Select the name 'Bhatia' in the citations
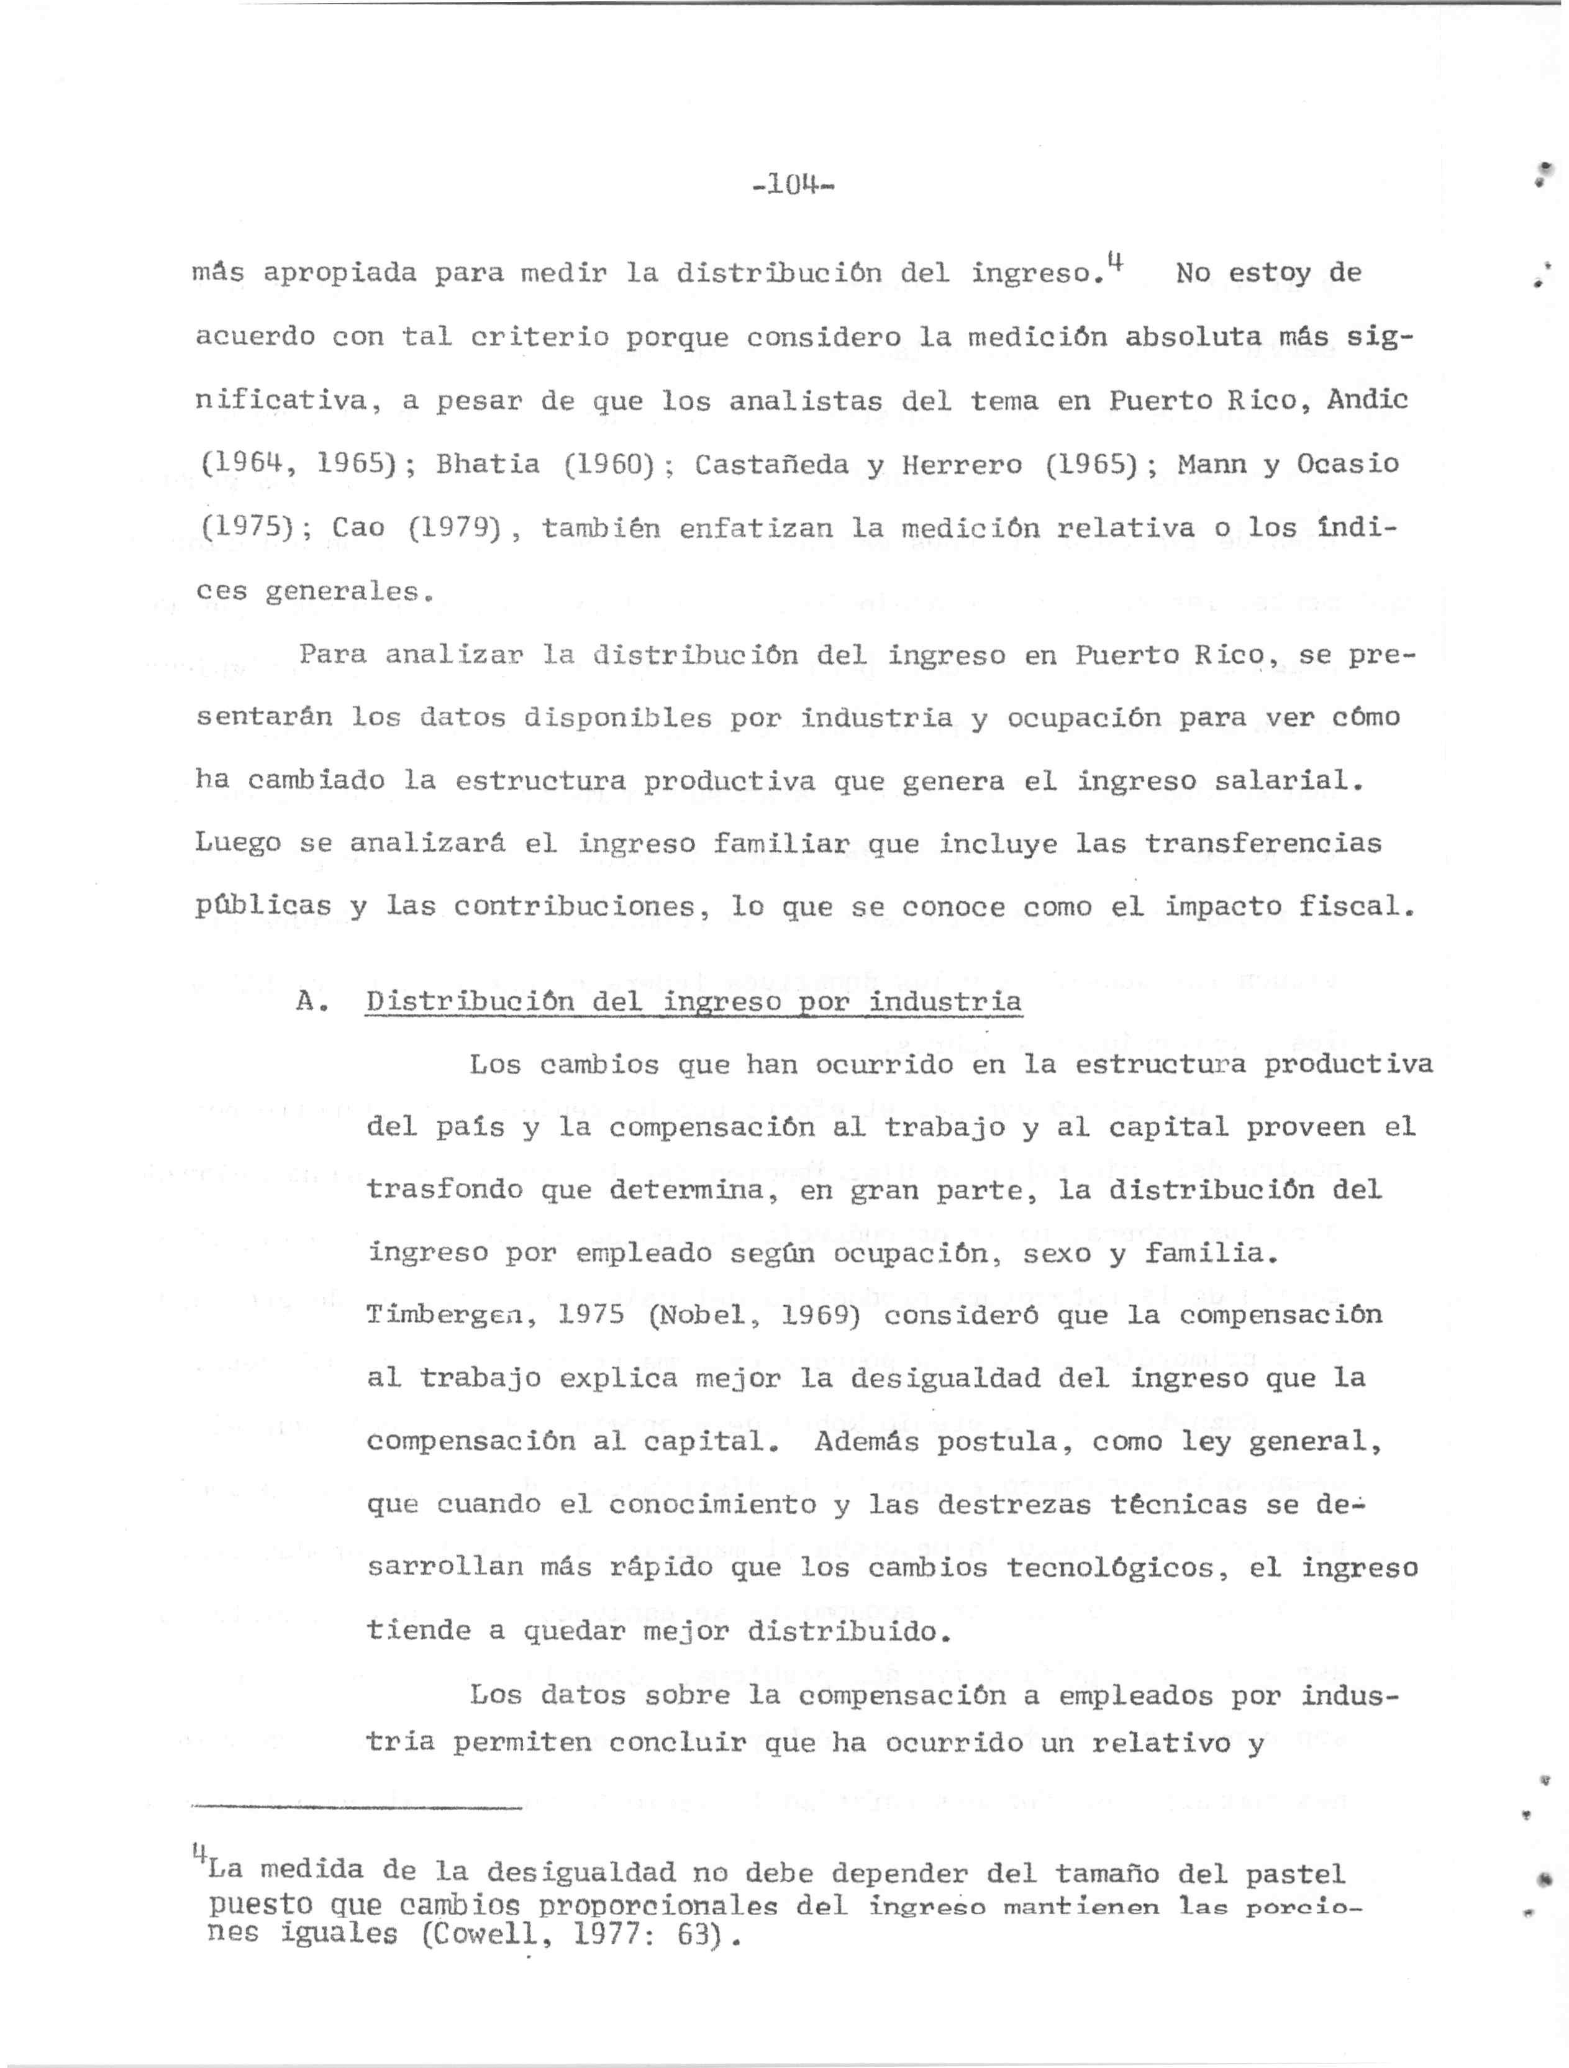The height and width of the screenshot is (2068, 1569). [488, 465]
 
